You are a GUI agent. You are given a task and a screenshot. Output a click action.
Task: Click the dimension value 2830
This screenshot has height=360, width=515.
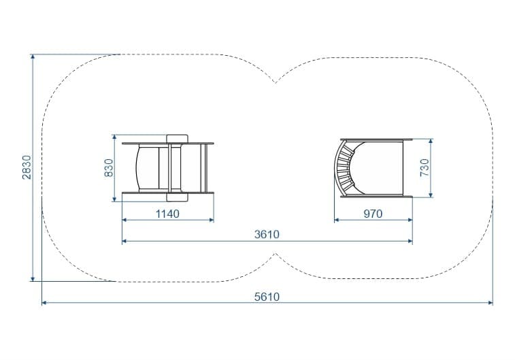(x=27, y=167)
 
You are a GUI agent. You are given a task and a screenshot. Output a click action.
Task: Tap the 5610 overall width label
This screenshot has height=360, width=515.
(x=267, y=297)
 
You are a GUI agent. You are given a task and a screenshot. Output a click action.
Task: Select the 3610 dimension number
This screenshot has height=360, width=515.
(x=267, y=234)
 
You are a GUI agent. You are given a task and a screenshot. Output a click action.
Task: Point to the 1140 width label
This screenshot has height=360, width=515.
(x=167, y=214)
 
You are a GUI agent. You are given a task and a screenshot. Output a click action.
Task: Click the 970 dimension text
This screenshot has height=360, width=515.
(x=373, y=214)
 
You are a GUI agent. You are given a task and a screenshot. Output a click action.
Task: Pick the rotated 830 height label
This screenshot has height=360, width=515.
(x=109, y=168)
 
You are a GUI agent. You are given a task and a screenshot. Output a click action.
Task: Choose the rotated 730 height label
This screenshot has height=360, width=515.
(x=425, y=167)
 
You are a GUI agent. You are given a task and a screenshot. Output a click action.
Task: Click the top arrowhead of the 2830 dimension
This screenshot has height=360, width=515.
(x=33, y=56)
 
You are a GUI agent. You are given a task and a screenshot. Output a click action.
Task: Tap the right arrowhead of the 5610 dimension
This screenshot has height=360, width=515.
(x=491, y=303)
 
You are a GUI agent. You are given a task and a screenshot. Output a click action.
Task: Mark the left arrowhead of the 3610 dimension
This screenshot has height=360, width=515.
(x=124, y=241)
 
